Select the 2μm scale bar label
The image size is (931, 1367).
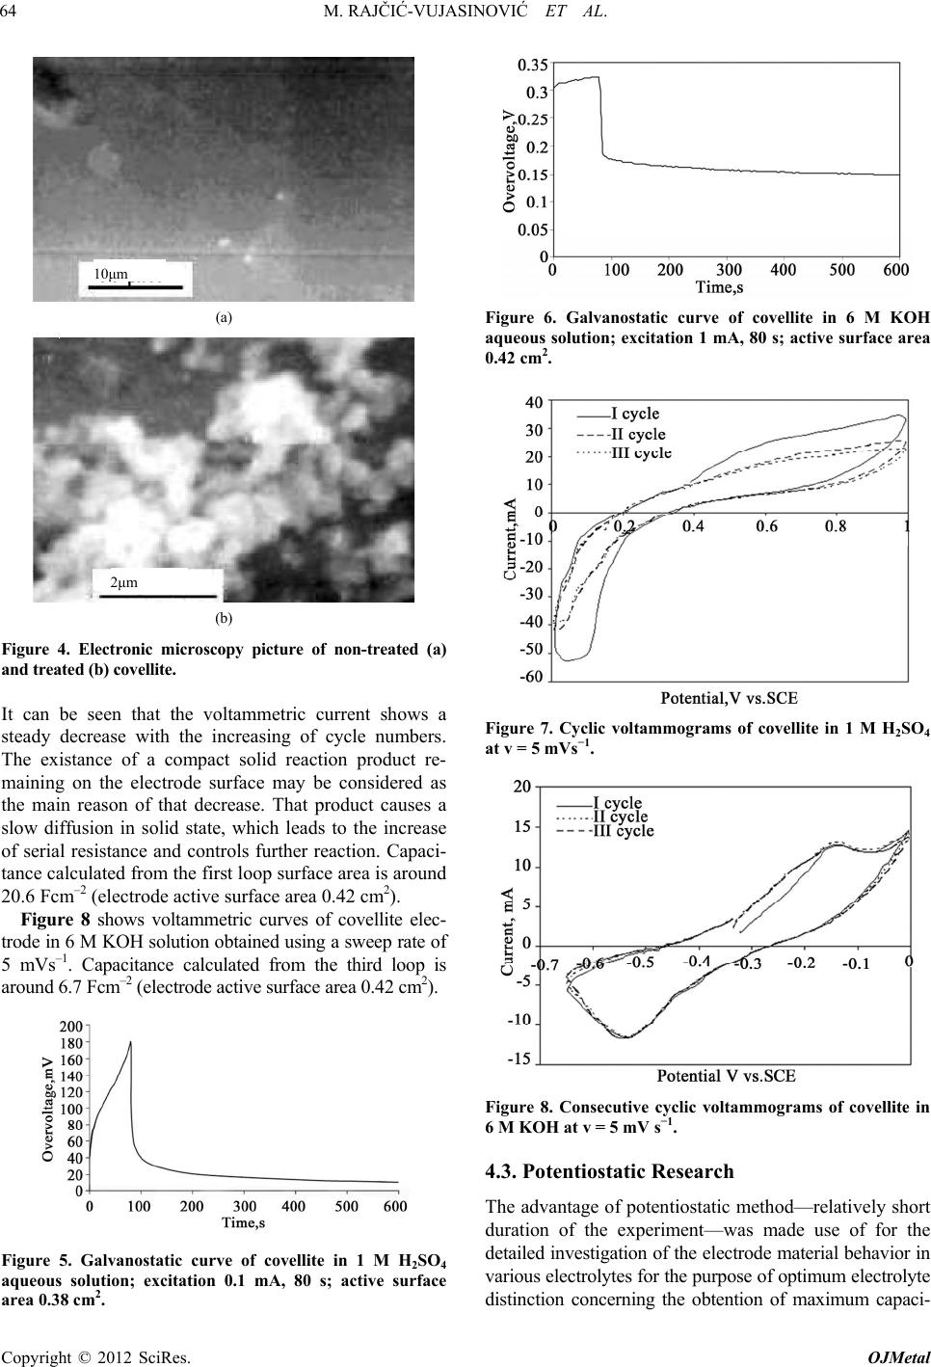tap(125, 583)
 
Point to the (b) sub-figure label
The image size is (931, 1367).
tap(224, 614)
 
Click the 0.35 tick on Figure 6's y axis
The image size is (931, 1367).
tap(533, 66)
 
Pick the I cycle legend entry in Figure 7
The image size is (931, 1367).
tap(635, 415)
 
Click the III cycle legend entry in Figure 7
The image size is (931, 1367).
tap(641, 452)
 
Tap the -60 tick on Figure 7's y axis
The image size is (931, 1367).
tap(532, 678)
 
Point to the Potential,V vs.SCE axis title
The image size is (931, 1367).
tap(728, 696)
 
